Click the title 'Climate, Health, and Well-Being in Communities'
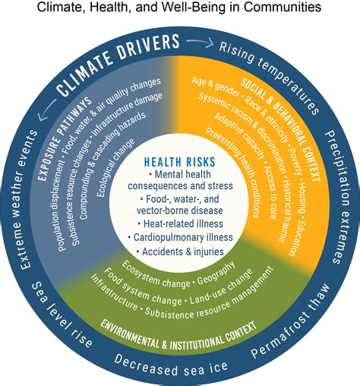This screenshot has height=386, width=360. tap(180, 9)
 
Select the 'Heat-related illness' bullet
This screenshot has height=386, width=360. tap(179, 223)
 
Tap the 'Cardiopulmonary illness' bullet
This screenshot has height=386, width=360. tap(179, 237)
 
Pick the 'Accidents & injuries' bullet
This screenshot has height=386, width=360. tap(179, 251)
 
